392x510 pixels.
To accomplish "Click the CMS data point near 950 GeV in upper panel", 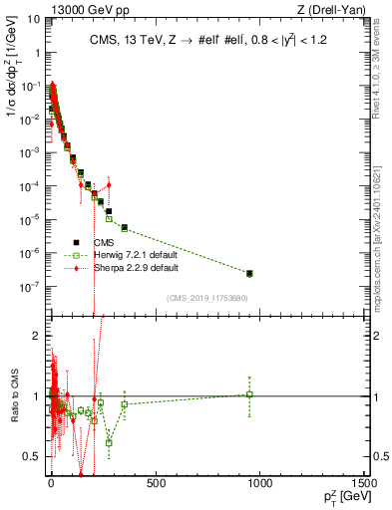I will pos(249,273).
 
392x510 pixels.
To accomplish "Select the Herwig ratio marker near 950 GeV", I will pos(249,394).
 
